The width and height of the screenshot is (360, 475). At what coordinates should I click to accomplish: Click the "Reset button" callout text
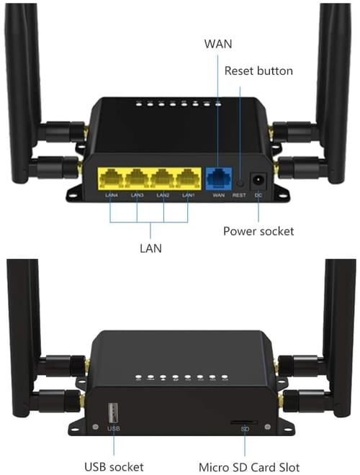click(258, 71)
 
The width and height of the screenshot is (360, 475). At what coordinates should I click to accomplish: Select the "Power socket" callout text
click(258, 231)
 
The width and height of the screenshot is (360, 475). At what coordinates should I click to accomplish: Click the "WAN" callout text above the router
click(218, 44)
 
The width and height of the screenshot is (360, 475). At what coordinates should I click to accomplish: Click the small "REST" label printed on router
click(240, 195)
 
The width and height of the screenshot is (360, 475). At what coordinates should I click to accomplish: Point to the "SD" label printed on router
click(244, 430)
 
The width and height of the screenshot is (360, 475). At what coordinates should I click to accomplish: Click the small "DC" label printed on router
click(258, 195)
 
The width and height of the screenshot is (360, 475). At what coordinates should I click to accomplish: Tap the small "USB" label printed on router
click(112, 430)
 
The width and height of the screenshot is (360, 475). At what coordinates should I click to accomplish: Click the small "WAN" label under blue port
click(219, 195)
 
